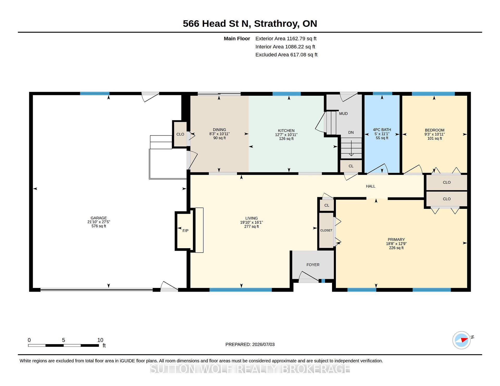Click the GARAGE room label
click(99, 218)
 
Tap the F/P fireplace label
click(185, 231)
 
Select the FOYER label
click(313, 265)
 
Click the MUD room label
click(343, 114)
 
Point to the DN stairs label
click(351, 132)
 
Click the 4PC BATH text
click(382, 130)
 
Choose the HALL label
click(371, 186)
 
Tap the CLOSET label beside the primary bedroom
click(326, 230)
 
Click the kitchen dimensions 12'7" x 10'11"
click(286, 135)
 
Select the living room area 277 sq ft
click(252, 227)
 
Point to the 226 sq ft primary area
click(396, 248)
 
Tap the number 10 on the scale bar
click(100, 340)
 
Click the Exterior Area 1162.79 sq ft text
click(286, 38)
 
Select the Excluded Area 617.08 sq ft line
click(286, 55)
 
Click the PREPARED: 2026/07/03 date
click(250, 344)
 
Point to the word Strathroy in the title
click(276, 24)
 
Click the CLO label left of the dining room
click(180, 134)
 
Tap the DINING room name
click(220, 130)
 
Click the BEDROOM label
click(435, 130)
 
